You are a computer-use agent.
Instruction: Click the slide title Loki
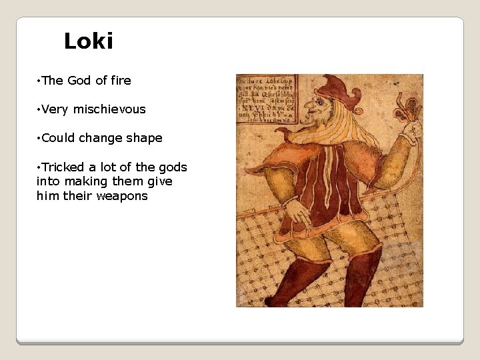pyautogui.click(x=89, y=42)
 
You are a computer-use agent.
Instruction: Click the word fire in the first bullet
pyautogui.click(x=121, y=81)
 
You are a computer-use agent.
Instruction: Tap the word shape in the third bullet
pyautogui.click(x=145, y=139)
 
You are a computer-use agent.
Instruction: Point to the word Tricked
pyautogui.click(x=63, y=167)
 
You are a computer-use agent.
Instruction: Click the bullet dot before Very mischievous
pyautogui.click(x=39, y=109)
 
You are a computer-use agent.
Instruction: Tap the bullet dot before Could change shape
pyautogui.click(x=39, y=138)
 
